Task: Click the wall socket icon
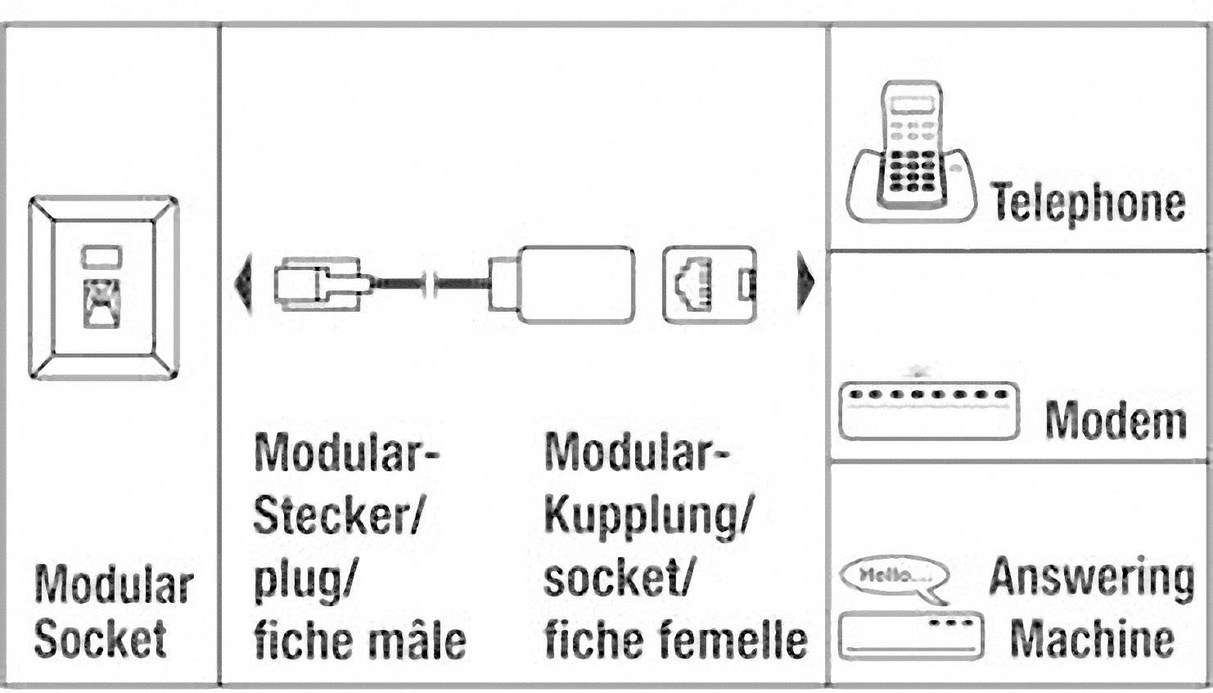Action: (103, 287)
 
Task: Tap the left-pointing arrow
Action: (242, 283)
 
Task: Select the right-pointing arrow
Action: (805, 282)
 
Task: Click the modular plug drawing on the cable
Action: (318, 284)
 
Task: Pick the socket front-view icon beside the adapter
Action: (709, 284)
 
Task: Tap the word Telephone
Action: (1088, 202)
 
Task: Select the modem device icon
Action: (929, 411)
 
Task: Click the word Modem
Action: (1116, 421)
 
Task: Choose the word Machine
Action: (1092, 638)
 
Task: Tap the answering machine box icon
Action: (911, 635)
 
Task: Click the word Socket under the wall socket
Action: (101, 639)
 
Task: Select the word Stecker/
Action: (337, 515)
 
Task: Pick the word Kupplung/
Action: (647, 515)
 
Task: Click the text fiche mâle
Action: (359, 640)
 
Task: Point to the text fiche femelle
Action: (675, 640)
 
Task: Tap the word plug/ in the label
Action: (303, 579)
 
